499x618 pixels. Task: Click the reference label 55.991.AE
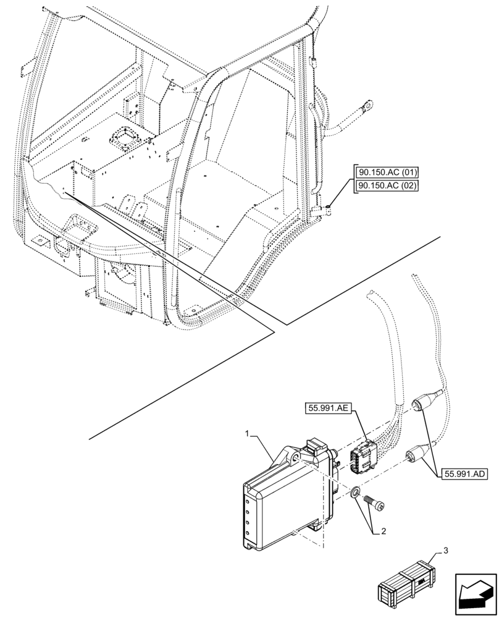click(x=327, y=408)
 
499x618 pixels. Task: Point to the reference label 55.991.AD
click(x=464, y=474)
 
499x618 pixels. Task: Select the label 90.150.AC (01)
click(x=386, y=172)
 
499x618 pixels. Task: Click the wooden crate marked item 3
click(x=408, y=582)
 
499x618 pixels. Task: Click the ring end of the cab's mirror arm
click(x=367, y=108)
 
